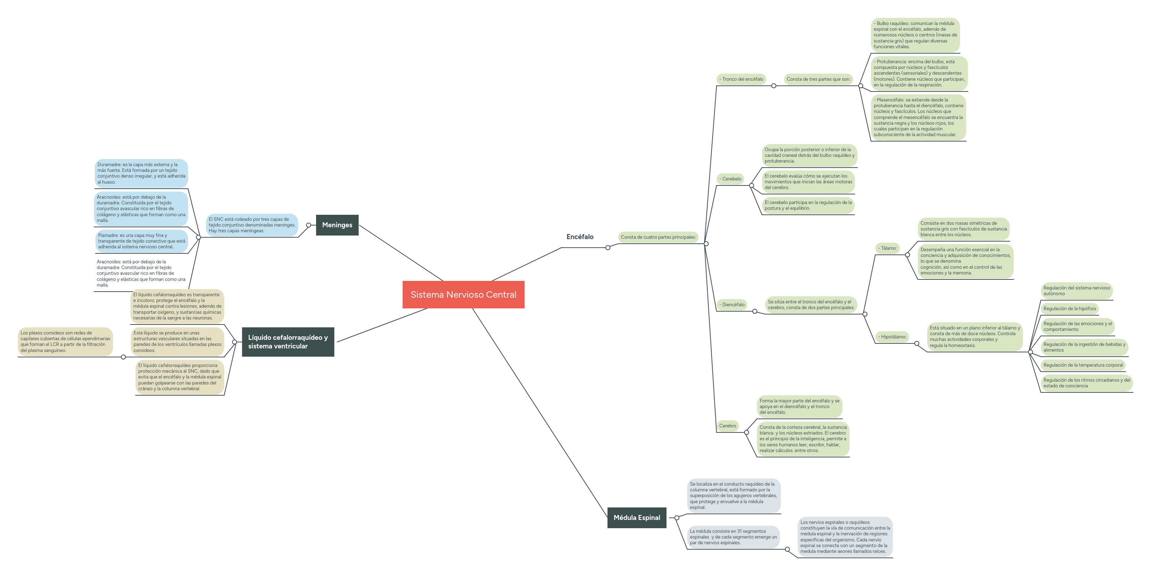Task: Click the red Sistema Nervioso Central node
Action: (463, 294)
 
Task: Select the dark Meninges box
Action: (337, 225)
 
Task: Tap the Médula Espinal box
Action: (637, 517)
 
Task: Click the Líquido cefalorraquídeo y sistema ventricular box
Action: (288, 342)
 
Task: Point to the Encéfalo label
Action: (580, 237)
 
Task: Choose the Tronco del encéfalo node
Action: (741, 79)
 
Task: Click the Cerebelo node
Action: (730, 179)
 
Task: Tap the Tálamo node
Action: (887, 248)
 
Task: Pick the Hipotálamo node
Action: (892, 337)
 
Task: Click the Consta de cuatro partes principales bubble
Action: (658, 237)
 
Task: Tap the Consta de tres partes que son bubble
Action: (818, 79)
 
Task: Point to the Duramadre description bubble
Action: (141, 173)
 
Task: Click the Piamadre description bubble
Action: (141, 241)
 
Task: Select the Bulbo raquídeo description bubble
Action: (915, 35)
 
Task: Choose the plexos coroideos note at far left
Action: (65, 342)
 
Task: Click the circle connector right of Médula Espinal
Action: (677, 518)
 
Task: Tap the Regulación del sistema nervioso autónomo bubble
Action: (1076, 291)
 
